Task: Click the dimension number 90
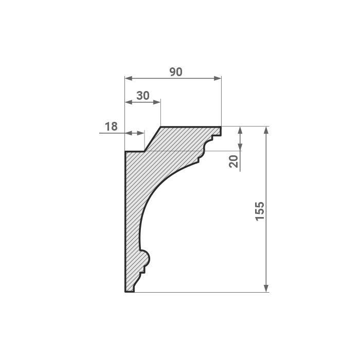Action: [x=176, y=72]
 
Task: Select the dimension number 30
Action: [x=143, y=96]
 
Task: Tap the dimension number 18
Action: [x=111, y=126]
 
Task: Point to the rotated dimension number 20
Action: [x=234, y=161]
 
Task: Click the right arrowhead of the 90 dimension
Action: [x=218, y=78]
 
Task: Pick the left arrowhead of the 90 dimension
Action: [x=129, y=78]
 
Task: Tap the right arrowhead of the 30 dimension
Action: [x=158, y=102]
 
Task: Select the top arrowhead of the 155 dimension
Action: [x=266, y=130]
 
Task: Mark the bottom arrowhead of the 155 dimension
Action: [x=266, y=289]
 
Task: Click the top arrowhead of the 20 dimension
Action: [x=240, y=130]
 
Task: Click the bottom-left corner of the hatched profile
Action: [x=125, y=292]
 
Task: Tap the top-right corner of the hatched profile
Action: [x=221, y=127]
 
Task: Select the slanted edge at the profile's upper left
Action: [x=153, y=139]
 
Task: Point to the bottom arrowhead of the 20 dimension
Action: [x=240, y=148]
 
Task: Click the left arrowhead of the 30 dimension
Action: [x=129, y=102]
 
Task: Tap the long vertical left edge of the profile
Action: [x=125, y=221]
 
